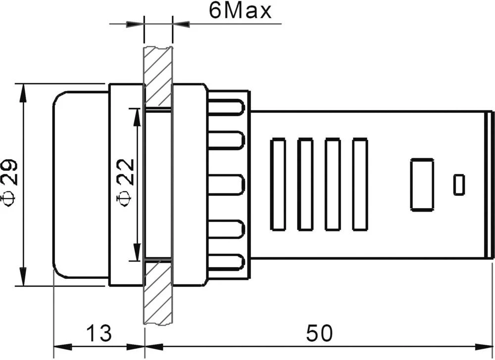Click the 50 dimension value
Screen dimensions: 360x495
(x=319, y=333)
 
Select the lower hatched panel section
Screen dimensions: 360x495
(x=157, y=292)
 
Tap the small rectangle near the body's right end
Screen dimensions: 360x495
(x=459, y=184)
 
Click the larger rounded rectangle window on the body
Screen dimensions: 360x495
(x=422, y=184)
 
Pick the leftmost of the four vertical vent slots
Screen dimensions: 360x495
(x=278, y=184)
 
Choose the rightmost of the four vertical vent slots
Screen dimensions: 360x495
(x=360, y=184)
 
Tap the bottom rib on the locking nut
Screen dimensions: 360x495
(x=227, y=263)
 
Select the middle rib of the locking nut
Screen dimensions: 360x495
(x=227, y=184)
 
